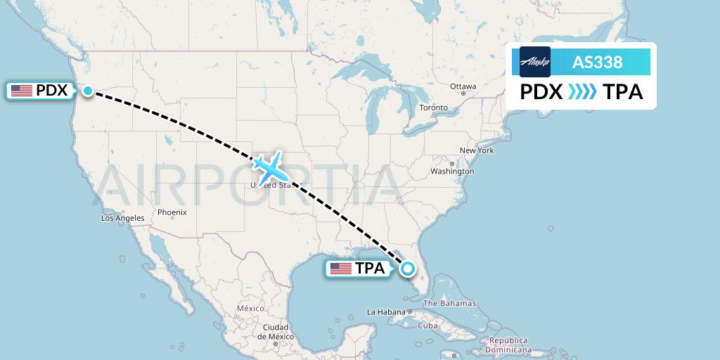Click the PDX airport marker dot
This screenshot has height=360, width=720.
point(88,90)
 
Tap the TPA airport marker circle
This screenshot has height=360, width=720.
point(408,268)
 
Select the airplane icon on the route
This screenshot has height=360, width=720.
point(268,167)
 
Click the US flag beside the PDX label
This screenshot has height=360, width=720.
point(22,91)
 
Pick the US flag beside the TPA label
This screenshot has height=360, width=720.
point(341,269)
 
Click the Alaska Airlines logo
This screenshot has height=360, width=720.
point(535,62)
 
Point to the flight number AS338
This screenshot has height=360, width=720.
point(598,62)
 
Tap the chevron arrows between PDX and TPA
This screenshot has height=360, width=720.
point(581,92)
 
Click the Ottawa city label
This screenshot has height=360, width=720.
point(463,86)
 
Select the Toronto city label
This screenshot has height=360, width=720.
point(433,108)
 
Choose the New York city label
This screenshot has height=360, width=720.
point(477,150)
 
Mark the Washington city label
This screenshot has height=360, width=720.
point(453,172)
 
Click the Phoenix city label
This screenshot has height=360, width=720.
point(172,212)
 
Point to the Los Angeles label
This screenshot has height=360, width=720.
point(122,218)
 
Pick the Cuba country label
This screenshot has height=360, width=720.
point(428,326)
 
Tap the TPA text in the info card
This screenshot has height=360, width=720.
point(622,92)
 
